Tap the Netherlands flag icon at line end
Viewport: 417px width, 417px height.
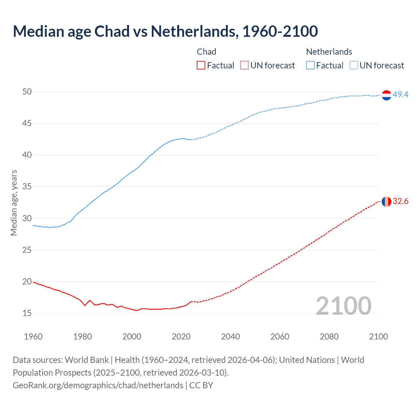386,95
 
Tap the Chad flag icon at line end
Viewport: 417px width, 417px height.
386,202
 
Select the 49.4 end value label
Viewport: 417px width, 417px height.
400,94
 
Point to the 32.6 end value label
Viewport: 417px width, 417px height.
400,201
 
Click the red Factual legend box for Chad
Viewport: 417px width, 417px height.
201,65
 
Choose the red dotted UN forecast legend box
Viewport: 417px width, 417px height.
244,65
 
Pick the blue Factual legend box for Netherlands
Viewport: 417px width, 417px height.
310,65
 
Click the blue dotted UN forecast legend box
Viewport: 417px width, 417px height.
353,65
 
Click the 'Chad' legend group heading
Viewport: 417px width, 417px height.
207,52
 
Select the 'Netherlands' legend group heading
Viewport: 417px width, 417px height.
329,52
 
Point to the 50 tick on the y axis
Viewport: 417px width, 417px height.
27,92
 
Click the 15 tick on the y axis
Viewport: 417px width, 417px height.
27,313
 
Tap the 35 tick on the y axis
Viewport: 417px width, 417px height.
27,187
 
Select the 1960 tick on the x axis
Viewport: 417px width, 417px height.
33,337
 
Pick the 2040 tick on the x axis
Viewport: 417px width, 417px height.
230,337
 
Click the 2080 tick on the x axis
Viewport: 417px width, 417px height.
329,337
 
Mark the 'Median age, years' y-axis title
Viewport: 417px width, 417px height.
14,203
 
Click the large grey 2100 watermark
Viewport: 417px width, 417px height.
343,306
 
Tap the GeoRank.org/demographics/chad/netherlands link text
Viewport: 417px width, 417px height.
98,385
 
